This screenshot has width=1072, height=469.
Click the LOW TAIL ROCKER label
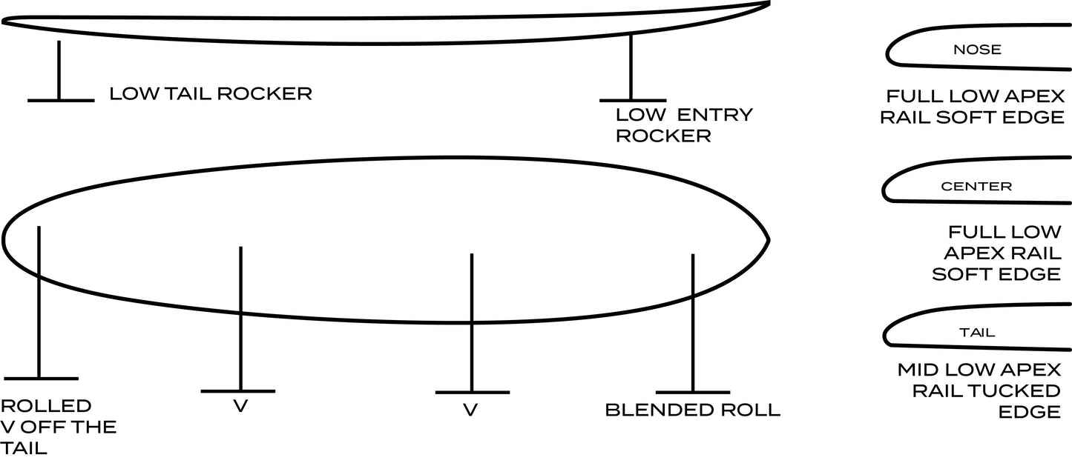pos(211,94)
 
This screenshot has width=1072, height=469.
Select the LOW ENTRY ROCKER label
pos(683,125)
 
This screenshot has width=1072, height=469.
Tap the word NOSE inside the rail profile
pos(977,50)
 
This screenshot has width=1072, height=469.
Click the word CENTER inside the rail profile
pos(976,187)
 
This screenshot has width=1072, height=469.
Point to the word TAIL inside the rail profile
pos(977,333)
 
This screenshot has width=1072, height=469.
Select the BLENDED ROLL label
pos(692,410)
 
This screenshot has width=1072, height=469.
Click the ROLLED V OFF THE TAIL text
pos(58,427)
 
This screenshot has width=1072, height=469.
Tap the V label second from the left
pos(240,408)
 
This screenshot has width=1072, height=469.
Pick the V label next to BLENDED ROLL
pos(470,410)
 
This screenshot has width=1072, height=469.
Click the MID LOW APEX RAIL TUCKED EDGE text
pos(979,390)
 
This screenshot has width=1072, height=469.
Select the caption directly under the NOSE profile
pos(975,107)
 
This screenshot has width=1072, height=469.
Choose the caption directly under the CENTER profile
pos(994,253)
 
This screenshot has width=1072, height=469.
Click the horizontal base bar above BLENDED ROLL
pos(692,392)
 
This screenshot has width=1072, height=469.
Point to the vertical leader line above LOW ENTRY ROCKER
pos(631,67)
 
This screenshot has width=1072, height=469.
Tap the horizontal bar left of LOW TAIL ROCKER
pos(60,100)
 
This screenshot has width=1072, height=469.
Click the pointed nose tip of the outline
pos(767,239)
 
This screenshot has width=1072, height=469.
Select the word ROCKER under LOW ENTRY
pos(662,136)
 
